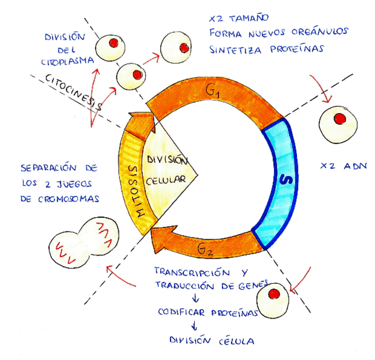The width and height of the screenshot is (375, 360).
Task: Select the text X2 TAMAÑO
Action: (239, 19)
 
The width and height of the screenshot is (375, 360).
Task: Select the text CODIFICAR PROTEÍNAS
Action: (208, 313)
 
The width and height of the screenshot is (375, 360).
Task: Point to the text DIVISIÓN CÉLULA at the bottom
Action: (212, 341)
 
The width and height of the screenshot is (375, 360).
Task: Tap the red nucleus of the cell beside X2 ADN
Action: (340, 119)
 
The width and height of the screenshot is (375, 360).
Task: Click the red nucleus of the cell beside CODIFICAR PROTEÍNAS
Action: (275, 294)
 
